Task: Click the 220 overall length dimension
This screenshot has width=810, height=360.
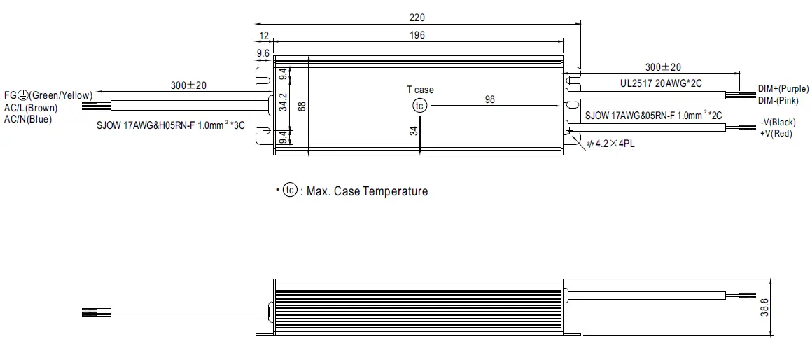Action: click(x=417, y=18)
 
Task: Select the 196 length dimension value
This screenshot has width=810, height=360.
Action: click(x=417, y=35)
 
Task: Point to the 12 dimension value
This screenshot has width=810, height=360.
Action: click(x=263, y=35)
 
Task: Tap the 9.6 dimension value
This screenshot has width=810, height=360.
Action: click(x=263, y=53)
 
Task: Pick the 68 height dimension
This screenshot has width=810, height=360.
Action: click(x=302, y=106)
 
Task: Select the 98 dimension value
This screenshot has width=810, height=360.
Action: click(x=489, y=100)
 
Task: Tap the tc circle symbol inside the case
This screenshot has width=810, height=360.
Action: click(x=419, y=106)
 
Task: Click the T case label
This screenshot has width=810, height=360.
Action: click(x=420, y=90)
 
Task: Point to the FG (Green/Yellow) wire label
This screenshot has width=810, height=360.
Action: click(x=48, y=95)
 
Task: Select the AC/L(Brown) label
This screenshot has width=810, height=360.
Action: click(x=31, y=108)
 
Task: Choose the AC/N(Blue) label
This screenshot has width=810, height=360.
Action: click(x=28, y=119)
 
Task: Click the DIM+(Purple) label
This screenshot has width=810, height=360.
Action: click(x=783, y=90)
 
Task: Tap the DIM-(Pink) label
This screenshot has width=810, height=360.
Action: click(x=780, y=101)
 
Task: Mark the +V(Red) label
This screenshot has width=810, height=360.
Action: click(x=776, y=133)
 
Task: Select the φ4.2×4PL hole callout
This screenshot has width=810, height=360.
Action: click(x=610, y=144)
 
